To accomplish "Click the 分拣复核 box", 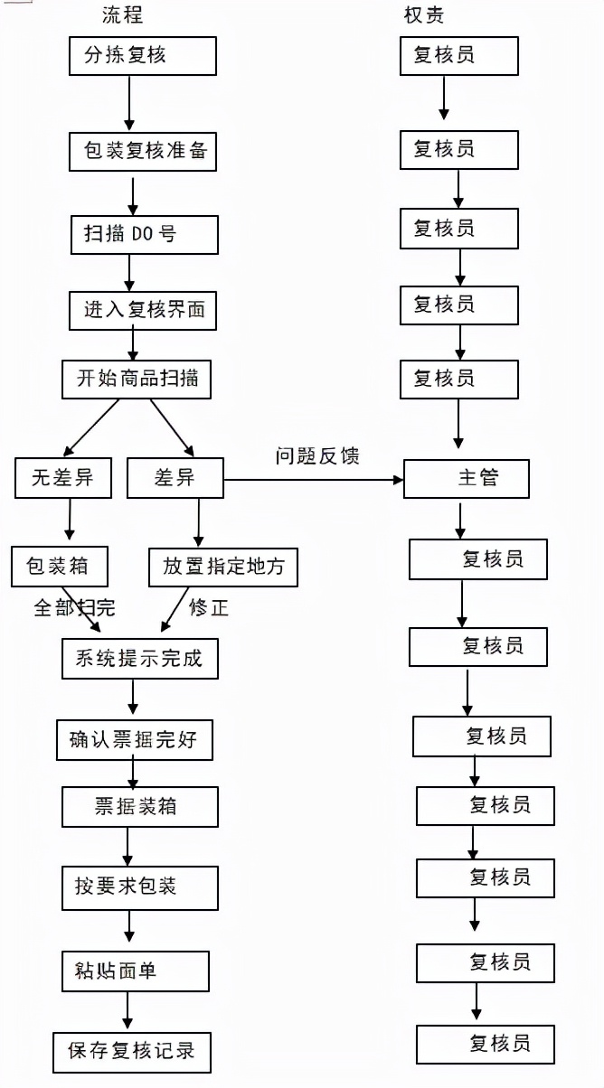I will pos(143,56).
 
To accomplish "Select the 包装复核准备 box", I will pos(143,151).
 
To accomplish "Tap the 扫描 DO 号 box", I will pos(144,235).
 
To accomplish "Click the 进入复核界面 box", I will pos(144,310).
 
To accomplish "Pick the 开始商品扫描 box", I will pos(137,379).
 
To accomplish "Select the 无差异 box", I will pos(63,478).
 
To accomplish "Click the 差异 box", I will pos(175,478).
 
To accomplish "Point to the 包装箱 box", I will pos(61,567).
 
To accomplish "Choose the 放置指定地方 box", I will pos(222,567).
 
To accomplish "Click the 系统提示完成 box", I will pos(139,659).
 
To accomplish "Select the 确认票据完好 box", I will pos(135,741).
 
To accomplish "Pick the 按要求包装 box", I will pos(139,887).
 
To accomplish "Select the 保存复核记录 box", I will pos(131,1051).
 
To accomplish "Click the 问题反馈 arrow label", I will pos(317,456).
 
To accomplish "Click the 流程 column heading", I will pos(122,15).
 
